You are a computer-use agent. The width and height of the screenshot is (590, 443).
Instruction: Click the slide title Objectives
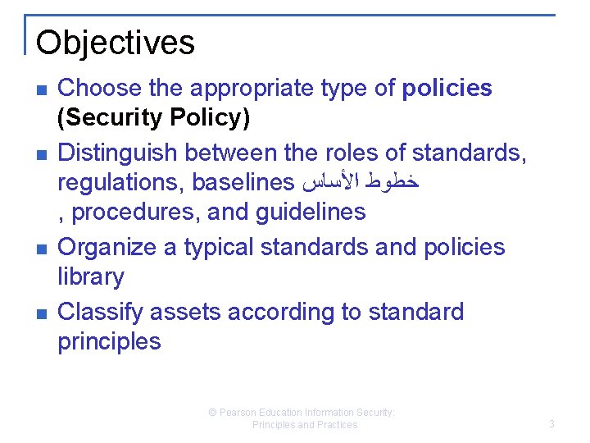tap(116, 43)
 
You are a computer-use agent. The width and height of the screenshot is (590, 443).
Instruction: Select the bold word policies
tap(447, 89)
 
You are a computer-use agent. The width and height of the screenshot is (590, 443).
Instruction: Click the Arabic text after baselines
tap(361, 182)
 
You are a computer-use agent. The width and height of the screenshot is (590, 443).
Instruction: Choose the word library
tap(90, 277)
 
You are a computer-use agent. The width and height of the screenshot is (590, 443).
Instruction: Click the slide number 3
tap(551, 424)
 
